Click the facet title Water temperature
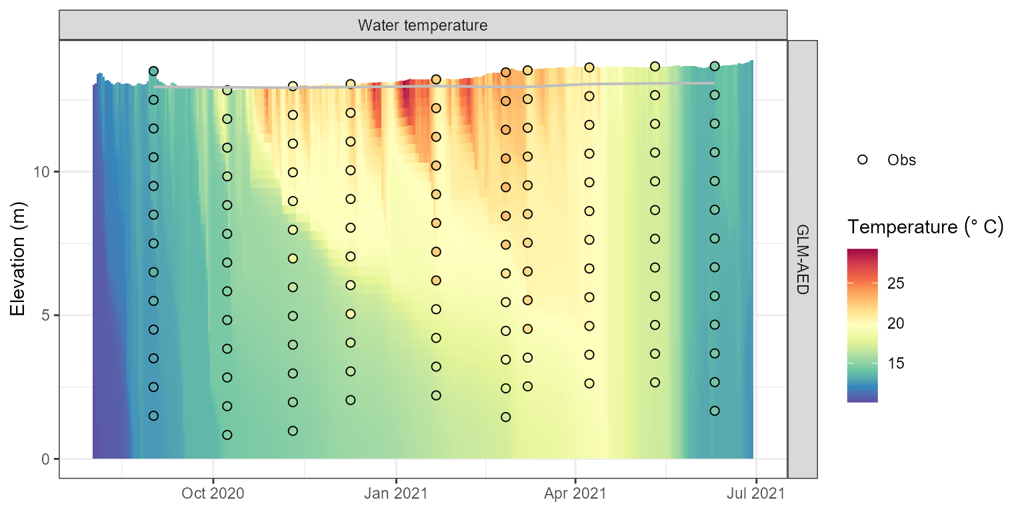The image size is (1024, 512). point(423,26)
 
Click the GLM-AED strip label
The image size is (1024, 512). point(802,259)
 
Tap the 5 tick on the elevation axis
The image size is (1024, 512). point(47,315)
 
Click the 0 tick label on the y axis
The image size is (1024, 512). point(47,459)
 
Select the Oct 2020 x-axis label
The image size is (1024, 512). point(213,494)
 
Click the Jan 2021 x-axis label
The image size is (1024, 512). point(397,494)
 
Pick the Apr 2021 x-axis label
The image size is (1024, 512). point(575,494)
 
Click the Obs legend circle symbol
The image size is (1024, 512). point(862,160)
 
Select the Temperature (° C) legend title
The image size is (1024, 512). point(925,228)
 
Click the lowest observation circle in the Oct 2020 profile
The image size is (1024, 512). point(227,435)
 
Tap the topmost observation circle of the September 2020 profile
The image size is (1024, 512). point(153,71)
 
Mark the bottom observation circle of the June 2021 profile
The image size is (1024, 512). point(715,411)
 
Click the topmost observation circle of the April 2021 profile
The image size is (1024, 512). point(589,67)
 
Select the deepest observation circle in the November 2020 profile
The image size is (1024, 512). point(293,431)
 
